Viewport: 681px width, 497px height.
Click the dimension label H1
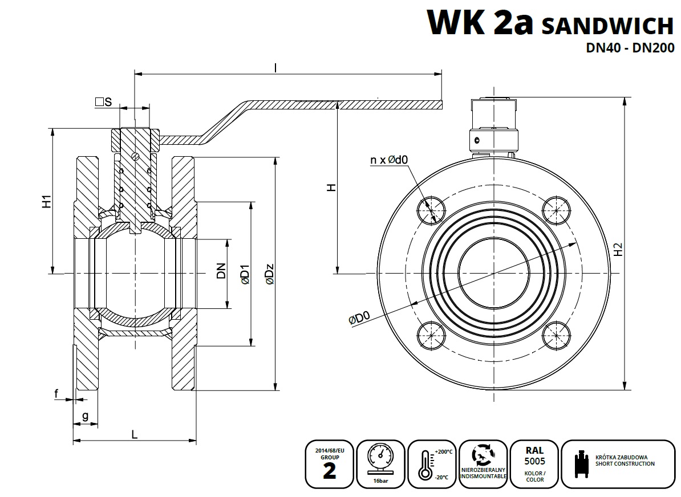pos(47,201)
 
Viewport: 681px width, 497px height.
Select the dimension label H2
pos(618,249)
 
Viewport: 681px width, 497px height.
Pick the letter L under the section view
pos(135,434)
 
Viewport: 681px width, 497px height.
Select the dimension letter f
pos(56,393)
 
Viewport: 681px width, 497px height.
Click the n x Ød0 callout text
pos(389,160)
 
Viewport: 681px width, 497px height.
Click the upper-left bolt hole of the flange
pos(431,210)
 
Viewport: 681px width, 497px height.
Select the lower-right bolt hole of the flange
pos(556,336)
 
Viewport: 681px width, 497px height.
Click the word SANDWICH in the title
pos(607,26)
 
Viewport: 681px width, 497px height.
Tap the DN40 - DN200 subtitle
pos(630,48)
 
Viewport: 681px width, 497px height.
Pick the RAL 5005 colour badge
pos(534,464)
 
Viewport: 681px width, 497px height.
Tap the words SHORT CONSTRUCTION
pos(625,464)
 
